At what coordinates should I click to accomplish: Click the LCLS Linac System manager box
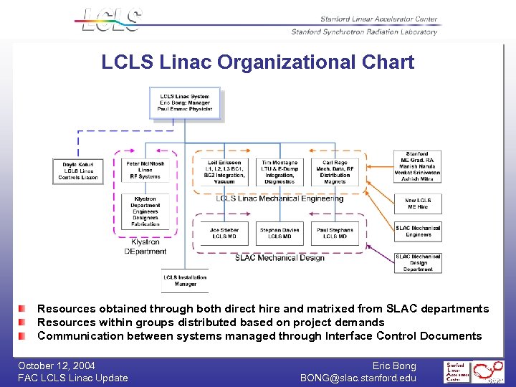pos(185,102)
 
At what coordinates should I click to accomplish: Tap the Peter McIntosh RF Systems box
pos(145,170)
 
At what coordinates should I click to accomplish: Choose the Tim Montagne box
pos(279,172)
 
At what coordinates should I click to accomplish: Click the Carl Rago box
pos(335,172)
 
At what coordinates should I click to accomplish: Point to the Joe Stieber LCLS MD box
pos(224,232)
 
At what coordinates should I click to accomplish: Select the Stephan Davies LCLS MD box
pos(279,232)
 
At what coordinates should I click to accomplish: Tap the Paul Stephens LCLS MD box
pos(335,232)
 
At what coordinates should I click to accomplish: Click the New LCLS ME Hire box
pos(418,204)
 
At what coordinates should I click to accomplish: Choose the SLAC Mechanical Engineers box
pos(418,231)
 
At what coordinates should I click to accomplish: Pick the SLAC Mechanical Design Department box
pos(418,262)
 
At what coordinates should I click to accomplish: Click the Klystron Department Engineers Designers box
pos(145,211)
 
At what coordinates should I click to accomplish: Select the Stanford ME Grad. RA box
pos(417,166)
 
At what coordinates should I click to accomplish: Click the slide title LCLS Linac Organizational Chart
pos(258,62)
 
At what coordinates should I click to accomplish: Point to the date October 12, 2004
pos(57,365)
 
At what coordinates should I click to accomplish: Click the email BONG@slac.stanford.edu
pos(358,378)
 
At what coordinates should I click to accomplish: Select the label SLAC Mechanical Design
pos(279,257)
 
